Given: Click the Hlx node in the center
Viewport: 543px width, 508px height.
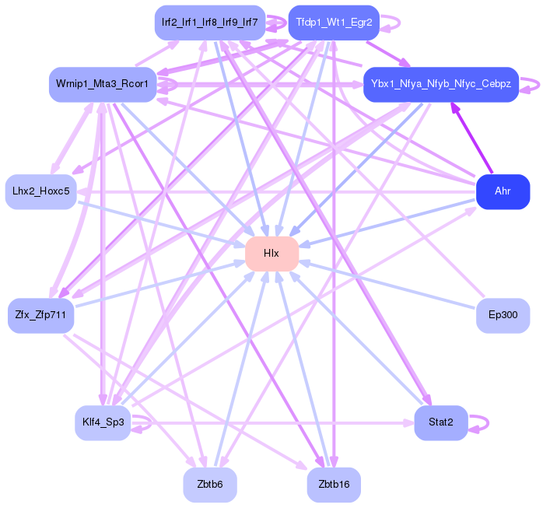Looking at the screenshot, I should pos(271,254).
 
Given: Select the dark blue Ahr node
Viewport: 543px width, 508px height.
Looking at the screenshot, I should pos(503,191).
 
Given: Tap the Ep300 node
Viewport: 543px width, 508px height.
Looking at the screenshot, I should pos(503,316).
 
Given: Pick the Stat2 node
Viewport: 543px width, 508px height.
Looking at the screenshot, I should pos(440,423).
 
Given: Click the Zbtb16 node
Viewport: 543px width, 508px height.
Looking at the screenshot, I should pos(334,485).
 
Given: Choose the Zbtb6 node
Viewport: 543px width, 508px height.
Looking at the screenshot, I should pos(210,485).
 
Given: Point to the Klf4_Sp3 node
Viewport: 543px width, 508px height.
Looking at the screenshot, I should pos(103,423).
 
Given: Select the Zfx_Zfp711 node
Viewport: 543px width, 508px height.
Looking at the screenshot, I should pos(40,315).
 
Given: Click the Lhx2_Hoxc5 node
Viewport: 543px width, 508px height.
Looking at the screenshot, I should pos(40,191).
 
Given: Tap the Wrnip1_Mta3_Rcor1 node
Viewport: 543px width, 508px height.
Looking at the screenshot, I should pos(103,84).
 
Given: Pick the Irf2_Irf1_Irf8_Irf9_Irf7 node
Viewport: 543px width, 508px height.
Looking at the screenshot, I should pos(210,22).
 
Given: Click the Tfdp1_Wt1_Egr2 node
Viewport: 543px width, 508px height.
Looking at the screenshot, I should pos(334,22).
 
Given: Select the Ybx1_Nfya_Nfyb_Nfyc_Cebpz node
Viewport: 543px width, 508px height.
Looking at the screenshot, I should pos(440,84).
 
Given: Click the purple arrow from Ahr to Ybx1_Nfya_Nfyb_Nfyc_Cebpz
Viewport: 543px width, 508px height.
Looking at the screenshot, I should pos(471,138).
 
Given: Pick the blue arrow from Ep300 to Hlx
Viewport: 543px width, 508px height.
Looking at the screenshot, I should pos(389,285).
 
